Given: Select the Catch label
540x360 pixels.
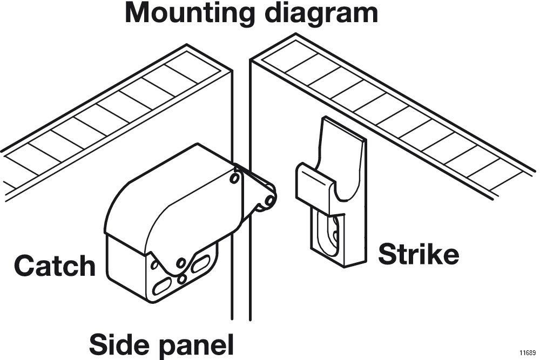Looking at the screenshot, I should coord(55,266).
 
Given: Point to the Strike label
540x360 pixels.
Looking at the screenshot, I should coord(418,254).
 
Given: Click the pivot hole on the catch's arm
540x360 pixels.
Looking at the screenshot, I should coord(235,178).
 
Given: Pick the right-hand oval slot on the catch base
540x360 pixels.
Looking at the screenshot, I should coord(200,264).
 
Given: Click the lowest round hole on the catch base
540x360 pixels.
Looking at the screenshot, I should coord(182,279).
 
